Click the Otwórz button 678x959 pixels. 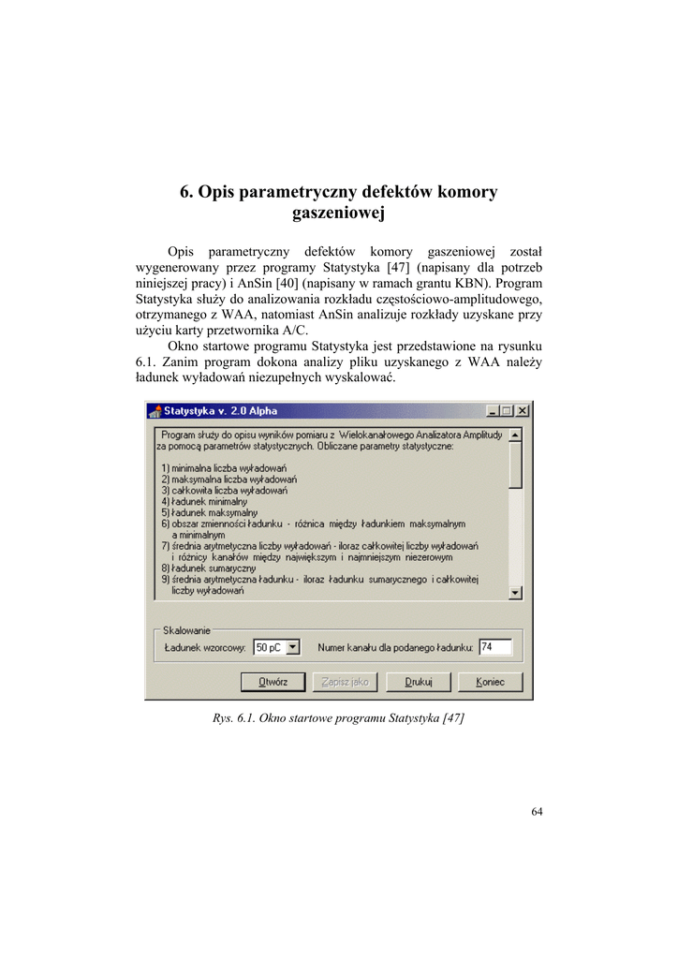[x=273, y=682]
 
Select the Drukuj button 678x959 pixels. [x=419, y=682]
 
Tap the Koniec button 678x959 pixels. [x=490, y=682]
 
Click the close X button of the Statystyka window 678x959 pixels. [x=523, y=411]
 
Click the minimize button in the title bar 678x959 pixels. [x=494, y=411]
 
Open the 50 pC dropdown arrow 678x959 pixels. [x=292, y=647]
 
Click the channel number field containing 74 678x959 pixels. [x=494, y=647]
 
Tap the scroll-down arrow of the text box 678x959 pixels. [x=516, y=593]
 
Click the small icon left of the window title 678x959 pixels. [x=156, y=411]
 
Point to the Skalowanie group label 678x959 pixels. [x=187, y=631]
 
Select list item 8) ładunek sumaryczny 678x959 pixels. [x=208, y=568]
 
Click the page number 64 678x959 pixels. [x=537, y=812]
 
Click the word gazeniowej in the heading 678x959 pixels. [x=338, y=214]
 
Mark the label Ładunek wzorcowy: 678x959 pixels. [x=206, y=647]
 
